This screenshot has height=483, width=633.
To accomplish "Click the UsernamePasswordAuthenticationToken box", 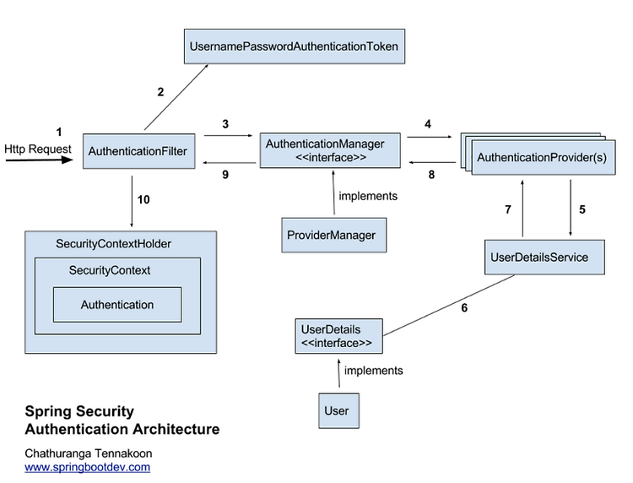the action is coord(295,46).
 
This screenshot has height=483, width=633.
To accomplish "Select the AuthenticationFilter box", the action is coord(139,151).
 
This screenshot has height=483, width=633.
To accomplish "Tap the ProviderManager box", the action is coord(334,235).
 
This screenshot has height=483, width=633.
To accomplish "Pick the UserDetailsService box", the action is coord(544,258).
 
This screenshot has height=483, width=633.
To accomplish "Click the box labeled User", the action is coord(338,410).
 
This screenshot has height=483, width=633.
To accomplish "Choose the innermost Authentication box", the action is coord(117,305).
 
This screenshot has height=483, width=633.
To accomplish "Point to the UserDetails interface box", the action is coord(338,336).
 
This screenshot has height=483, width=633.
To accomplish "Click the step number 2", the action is coord(160,92).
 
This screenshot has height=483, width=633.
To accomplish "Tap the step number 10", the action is coord(143,199).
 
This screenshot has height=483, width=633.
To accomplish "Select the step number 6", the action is coord(464,307).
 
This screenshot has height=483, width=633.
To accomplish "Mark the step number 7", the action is coord(508,209).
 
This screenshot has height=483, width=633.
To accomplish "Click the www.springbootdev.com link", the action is coord(87,467).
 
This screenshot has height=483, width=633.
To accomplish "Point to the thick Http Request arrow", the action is coord(39,160).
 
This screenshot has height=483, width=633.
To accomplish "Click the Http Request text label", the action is coord(37,149).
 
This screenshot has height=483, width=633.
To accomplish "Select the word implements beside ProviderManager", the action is coord(368,196).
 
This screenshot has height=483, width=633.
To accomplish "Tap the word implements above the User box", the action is coord(373,371).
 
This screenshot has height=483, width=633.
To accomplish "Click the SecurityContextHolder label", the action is coord(113,244).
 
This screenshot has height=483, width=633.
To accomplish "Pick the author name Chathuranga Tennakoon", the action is coord(89,453).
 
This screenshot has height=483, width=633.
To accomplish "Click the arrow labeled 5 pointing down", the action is coord(571,208).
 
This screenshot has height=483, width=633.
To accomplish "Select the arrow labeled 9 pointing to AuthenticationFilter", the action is coord(230,163).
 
